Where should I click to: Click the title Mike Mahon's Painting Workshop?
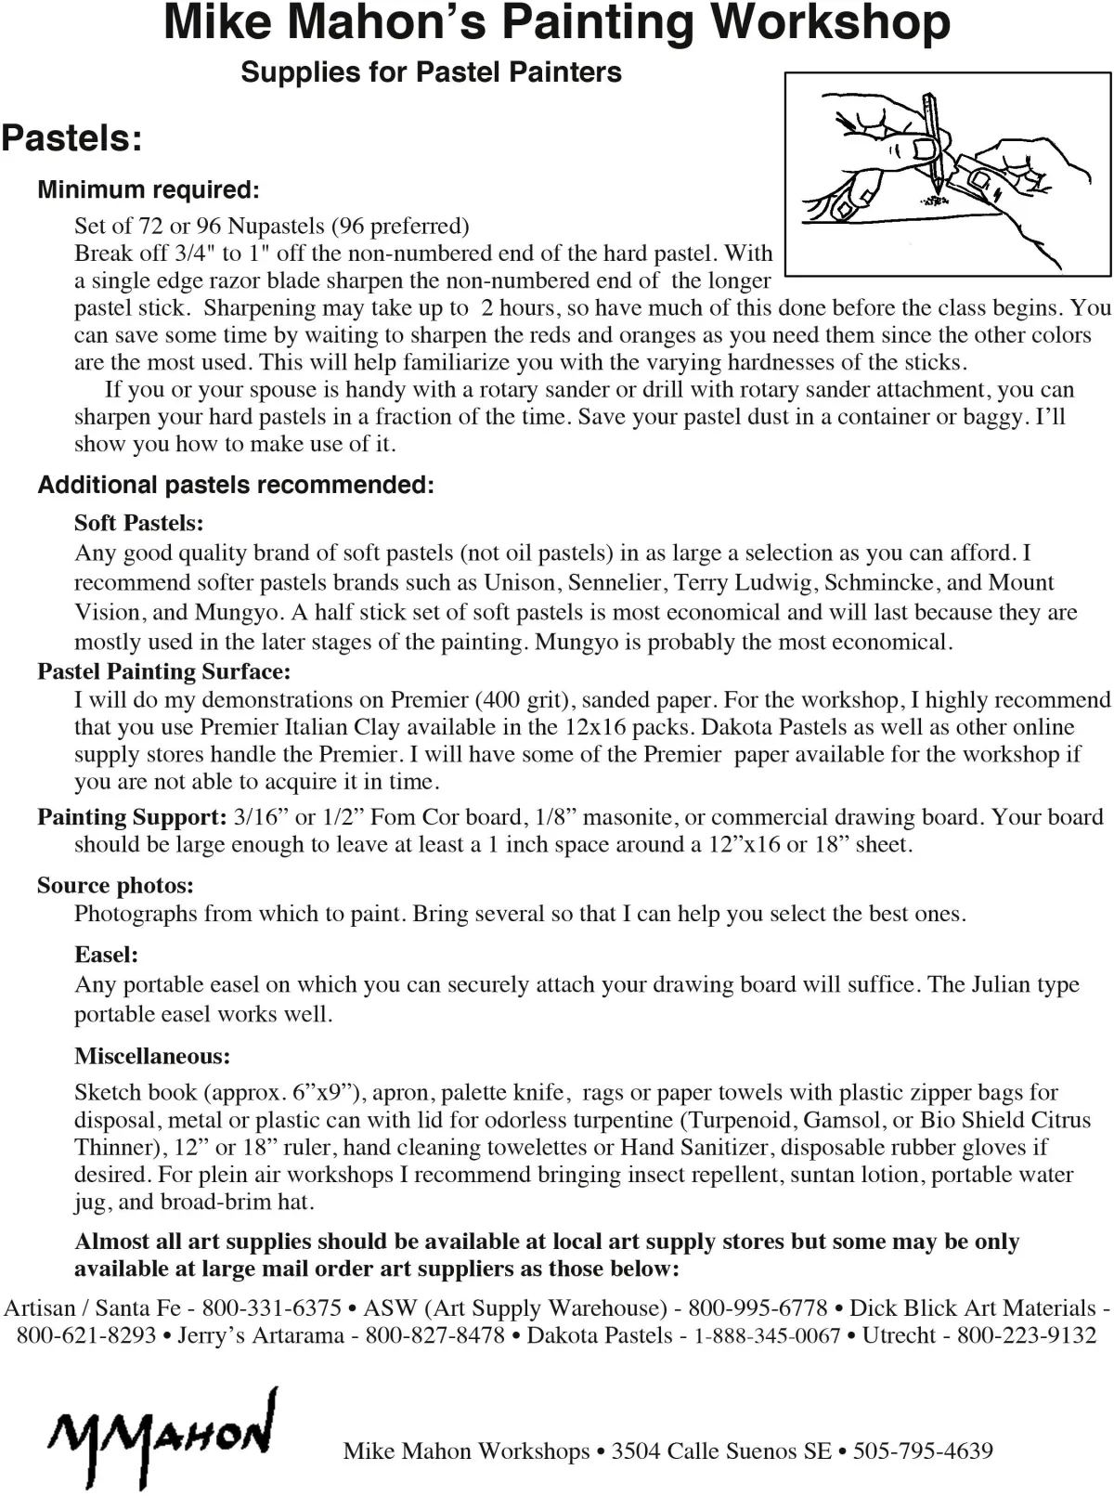click(x=557, y=23)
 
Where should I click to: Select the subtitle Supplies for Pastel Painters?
click(x=431, y=72)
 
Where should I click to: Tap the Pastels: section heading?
click(x=72, y=138)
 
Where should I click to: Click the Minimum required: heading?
click(x=149, y=190)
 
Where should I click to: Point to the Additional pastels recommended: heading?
click(x=236, y=485)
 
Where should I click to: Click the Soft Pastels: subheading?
click(x=139, y=523)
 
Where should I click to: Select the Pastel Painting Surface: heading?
click(x=163, y=671)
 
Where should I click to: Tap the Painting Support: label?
click(x=132, y=817)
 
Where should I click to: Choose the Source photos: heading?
click(x=115, y=885)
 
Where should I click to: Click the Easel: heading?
click(x=106, y=955)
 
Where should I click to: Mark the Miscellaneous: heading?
click(x=152, y=1056)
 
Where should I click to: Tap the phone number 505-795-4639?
click(x=923, y=1450)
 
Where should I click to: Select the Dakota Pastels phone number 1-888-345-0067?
click(x=767, y=1335)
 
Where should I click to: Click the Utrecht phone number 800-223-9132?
click(x=1027, y=1335)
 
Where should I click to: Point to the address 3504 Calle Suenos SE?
click(x=721, y=1450)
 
